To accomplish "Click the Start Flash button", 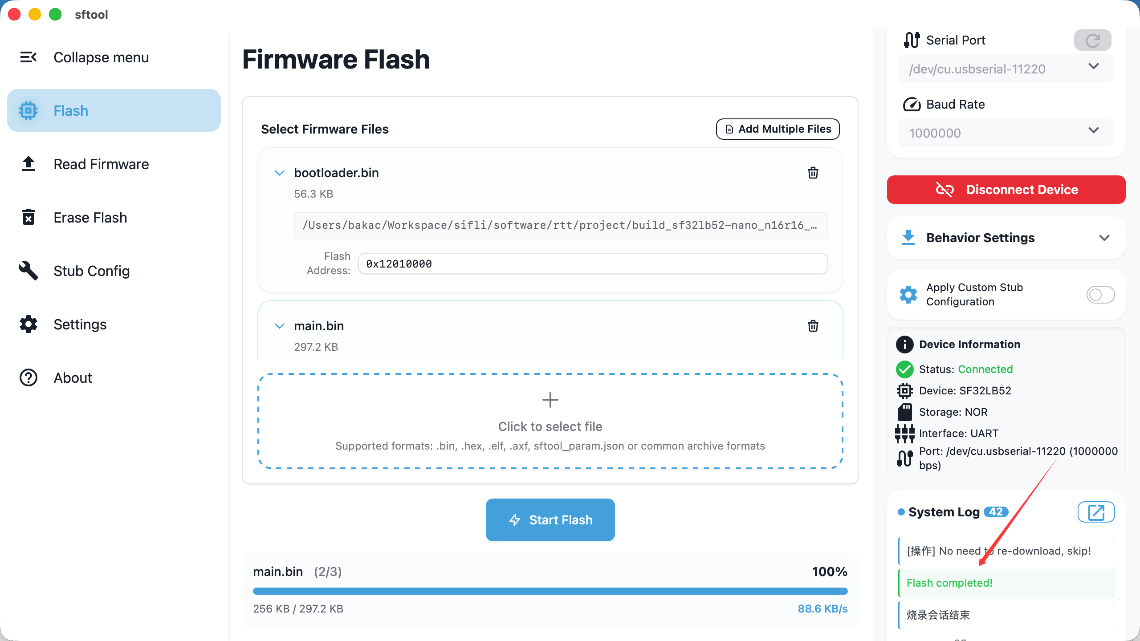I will coord(550,519).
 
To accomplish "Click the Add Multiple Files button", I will coord(778,129).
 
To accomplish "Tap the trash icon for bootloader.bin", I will coord(813,173).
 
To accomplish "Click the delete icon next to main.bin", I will coord(813,326).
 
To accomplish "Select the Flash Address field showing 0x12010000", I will coord(592,264).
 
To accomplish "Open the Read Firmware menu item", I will coord(101,164).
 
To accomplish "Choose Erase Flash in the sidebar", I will coord(90,218).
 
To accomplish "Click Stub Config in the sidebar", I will coord(91,271).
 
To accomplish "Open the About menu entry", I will coord(73,378).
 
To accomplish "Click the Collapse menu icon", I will coord(28,57).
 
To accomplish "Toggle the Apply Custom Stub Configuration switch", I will coord(1100,295).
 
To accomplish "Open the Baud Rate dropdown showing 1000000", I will coord(1006,133).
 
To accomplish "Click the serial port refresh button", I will coord(1092,41).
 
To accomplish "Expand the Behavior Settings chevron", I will coord(1104,238).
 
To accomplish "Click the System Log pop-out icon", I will coord(1096,512).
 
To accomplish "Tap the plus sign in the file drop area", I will coord(550,400).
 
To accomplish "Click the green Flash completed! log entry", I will coord(949,583).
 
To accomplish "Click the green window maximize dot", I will coord(55,14).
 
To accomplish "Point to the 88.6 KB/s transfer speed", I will coord(822,609).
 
